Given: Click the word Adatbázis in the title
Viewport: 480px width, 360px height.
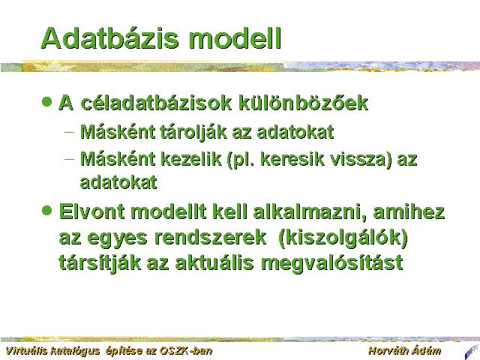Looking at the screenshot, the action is click(x=109, y=38).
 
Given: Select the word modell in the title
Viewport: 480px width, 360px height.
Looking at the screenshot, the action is click(x=235, y=38).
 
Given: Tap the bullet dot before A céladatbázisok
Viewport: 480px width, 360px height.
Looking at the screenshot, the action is click(x=46, y=101).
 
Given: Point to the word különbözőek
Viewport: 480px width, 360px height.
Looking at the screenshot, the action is click(x=303, y=103).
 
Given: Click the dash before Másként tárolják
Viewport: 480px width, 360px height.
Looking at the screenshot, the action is click(x=70, y=132).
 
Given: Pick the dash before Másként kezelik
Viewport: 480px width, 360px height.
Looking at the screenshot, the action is click(x=70, y=159).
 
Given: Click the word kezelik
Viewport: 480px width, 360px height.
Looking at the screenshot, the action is click(x=190, y=159).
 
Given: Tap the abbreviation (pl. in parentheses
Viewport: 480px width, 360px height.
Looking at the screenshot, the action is click(x=241, y=160).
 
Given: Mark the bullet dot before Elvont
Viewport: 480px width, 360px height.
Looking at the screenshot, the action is click(x=46, y=210).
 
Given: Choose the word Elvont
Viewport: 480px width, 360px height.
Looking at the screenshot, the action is click(x=91, y=211).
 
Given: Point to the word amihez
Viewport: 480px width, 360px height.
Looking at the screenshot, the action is click(x=409, y=211).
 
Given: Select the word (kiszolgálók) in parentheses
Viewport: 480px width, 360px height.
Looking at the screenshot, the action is click(x=343, y=238).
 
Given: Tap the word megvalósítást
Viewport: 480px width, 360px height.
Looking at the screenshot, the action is click(x=331, y=263).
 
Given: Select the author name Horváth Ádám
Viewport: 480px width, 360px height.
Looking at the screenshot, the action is click(x=405, y=350).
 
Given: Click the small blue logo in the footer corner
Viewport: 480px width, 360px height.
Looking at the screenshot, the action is click(x=472, y=352).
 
